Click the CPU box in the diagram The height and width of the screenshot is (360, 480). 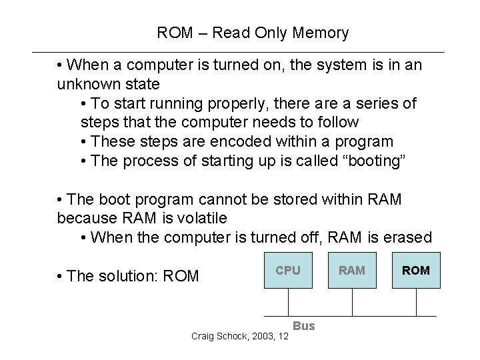pyautogui.click(x=288, y=271)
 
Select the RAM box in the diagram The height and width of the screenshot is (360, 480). pyautogui.click(x=352, y=271)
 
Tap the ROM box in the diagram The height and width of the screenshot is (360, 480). pyautogui.click(x=416, y=271)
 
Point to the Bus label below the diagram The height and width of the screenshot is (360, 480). pyautogui.click(x=304, y=325)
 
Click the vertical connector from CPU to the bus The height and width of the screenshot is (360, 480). pyautogui.click(x=288, y=302)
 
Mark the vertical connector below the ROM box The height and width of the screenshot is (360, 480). pyautogui.click(x=416, y=302)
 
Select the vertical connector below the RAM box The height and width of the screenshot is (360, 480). pyautogui.click(x=352, y=302)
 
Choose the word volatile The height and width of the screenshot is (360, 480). pyautogui.click(x=199, y=218)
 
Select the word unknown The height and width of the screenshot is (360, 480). pyautogui.click(x=83, y=85)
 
